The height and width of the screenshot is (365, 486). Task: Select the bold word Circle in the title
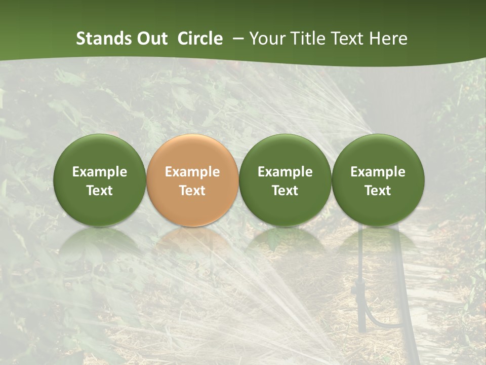(200, 39)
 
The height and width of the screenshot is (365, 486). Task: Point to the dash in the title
(238, 39)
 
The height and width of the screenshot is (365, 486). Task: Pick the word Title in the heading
(306, 39)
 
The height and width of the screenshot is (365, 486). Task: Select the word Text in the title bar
(347, 39)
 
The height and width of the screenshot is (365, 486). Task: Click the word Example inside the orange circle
(192, 172)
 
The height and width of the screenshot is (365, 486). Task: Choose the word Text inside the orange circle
(192, 191)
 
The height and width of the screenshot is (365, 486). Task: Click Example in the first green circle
(100, 172)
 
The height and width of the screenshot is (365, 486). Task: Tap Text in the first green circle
(100, 191)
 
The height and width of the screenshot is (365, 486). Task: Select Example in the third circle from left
(285, 172)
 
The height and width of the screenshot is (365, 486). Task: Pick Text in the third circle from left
(285, 191)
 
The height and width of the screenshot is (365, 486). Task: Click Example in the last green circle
(378, 172)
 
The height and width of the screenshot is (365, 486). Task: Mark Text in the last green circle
(378, 191)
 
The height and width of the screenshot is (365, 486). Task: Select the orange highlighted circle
(192, 152)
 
